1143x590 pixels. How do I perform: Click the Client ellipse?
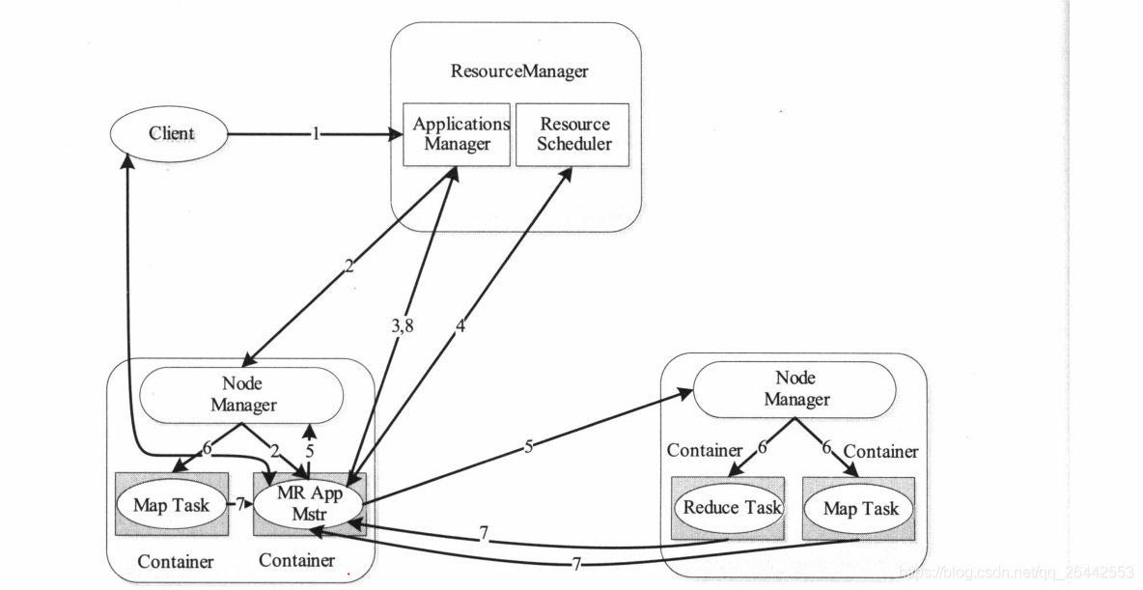(x=172, y=133)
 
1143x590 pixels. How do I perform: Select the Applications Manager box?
(x=457, y=134)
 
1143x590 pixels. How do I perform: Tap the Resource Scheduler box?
(x=573, y=134)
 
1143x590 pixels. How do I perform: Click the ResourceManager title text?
(x=518, y=71)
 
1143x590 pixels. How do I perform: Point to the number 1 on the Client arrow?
(x=315, y=134)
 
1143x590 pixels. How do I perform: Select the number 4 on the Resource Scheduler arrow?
(x=460, y=326)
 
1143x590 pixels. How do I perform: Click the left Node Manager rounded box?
(x=242, y=395)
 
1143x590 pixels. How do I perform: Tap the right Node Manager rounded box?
(x=795, y=389)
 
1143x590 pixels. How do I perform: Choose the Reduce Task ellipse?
(x=731, y=508)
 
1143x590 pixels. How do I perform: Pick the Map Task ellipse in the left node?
(x=171, y=505)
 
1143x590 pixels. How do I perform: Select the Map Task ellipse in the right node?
(x=860, y=509)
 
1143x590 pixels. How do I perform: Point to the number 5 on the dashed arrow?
(x=310, y=450)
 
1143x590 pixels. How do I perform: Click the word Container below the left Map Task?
(x=175, y=562)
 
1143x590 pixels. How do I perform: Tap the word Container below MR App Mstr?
(x=296, y=560)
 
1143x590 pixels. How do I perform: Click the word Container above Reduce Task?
(x=704, y=451)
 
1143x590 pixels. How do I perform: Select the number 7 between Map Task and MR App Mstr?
(x=240, y=505)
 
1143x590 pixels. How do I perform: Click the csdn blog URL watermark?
(x=1015, y=573)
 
